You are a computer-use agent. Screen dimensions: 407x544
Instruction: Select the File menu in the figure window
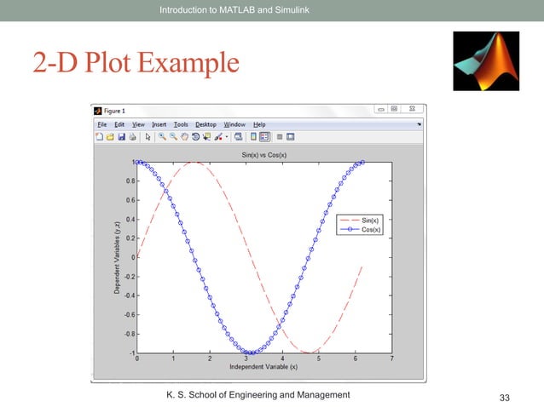(101, 124)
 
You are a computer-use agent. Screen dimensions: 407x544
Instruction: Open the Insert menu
(159, 124)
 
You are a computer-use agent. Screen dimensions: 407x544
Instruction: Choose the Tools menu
(181, 124)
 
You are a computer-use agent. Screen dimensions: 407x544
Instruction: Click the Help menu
(259, 124)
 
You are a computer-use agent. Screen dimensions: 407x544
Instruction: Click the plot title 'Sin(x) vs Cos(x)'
(264, 154)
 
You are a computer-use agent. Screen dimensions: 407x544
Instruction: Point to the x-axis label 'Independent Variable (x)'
(263, 367)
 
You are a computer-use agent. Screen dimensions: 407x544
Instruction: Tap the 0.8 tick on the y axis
(129, 181)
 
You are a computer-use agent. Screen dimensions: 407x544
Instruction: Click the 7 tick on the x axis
(391, 358)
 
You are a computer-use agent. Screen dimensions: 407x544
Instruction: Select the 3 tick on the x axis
(246, 358)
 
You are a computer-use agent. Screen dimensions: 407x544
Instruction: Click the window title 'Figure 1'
(114, 111)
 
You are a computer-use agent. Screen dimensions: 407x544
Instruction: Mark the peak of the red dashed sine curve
(194, 163)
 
